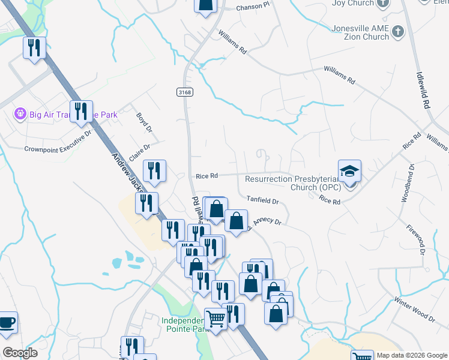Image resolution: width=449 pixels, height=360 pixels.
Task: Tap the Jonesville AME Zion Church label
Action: (360, 32)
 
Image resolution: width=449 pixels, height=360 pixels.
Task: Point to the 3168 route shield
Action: (185, 92)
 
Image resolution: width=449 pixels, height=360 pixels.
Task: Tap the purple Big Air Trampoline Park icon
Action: (20, 113)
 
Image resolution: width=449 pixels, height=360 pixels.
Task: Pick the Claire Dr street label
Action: (138, 148)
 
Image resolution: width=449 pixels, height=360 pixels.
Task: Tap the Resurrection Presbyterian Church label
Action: (293, 183)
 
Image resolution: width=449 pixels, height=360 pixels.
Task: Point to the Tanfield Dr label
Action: (264, 200)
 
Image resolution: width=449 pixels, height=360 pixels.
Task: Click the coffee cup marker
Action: (7, 323)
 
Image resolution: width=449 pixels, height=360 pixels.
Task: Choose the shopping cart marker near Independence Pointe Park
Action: (215, 319)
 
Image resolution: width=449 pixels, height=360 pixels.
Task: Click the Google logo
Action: (20, 353)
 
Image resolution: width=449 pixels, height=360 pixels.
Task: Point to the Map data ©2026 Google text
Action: (411, 355)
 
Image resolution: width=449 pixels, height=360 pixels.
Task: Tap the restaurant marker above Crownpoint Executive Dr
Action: (81, 112)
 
